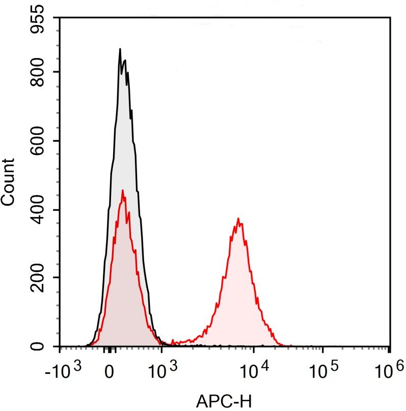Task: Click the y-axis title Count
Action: pos(8,182)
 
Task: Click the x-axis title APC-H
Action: pos(224,401)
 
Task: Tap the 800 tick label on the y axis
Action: pos(41,72)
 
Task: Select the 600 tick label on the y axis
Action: pos(41,141)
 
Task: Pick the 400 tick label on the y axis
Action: pos(41,209)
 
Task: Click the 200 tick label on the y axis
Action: pos(41,278)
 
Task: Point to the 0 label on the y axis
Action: pos(41,346)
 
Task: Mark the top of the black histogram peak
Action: pos(120,49)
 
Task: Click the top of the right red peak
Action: pos(238,218)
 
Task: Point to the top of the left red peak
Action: pos(122,190)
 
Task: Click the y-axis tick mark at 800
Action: pos(58,72)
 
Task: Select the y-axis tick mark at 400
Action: pos(58,209)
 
